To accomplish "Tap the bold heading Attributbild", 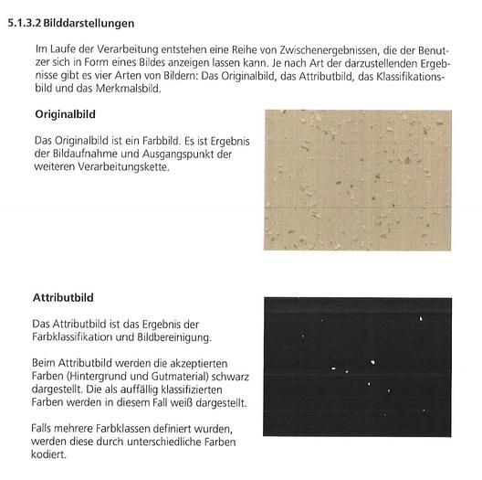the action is tap(63, 298).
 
